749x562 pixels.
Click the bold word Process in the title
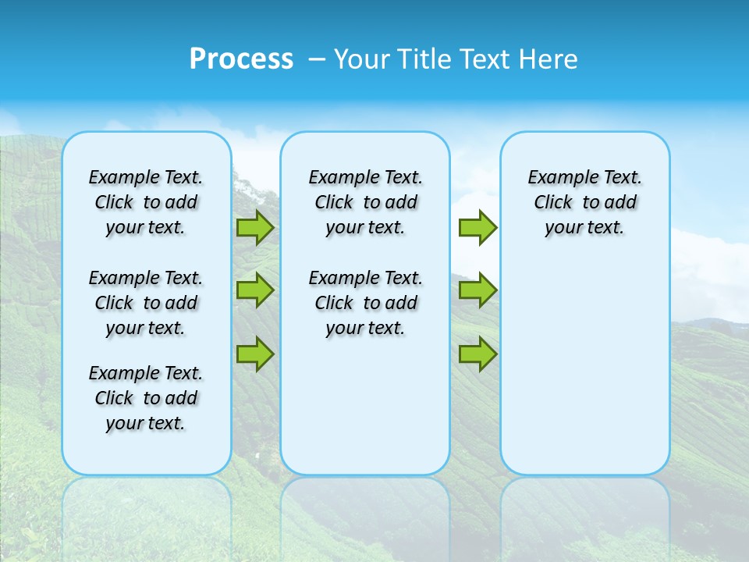[241, 59]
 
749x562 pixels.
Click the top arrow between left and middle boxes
[255, 227]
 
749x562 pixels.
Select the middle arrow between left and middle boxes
[255, 290]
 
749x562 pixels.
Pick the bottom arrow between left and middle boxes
[255, 354]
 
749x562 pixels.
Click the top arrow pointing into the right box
[477, 227]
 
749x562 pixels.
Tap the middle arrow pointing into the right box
[477, 290]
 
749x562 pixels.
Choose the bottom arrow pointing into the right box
[477, 354]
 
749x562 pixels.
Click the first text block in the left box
[146, 202]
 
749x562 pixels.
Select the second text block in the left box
[146, 303]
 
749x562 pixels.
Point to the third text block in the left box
[146, 398]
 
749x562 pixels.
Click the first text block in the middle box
[365, 202]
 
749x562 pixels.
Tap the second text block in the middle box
[365, 303]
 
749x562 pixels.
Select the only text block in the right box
[584, 202]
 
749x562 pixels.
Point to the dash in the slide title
[317, 59]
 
